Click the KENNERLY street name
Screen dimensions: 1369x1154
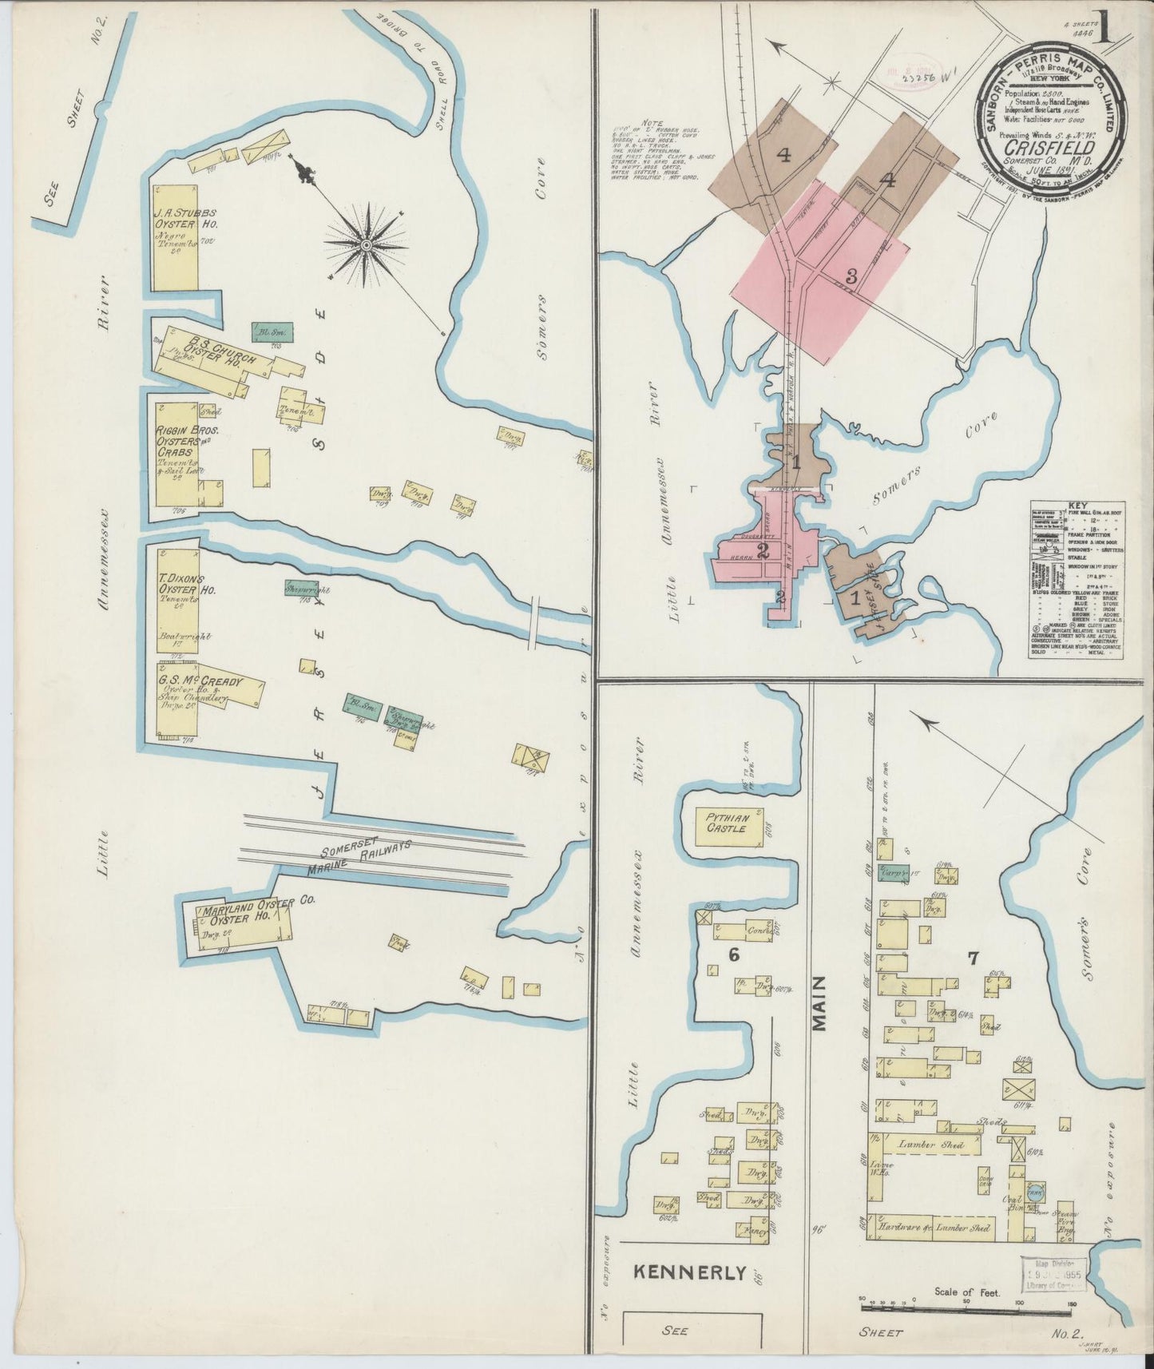coord(691,1272)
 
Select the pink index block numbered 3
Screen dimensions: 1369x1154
coord(851,277)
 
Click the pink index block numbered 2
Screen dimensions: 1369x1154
coord(763,550)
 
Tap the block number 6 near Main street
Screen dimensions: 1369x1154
coord(733,954)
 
